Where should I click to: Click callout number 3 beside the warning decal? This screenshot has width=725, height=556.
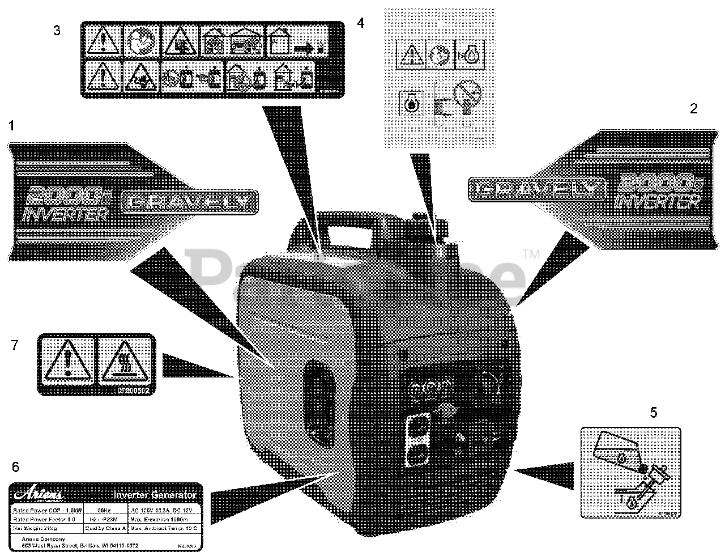pos(57,30)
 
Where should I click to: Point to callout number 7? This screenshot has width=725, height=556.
pos(15,345)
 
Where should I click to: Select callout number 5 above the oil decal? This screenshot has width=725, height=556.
pos(653,413)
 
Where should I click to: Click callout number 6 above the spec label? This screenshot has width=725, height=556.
pos(15,467)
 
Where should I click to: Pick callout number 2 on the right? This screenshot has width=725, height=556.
pos(693,109)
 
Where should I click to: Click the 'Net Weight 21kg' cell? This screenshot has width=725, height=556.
pos(35,529)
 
